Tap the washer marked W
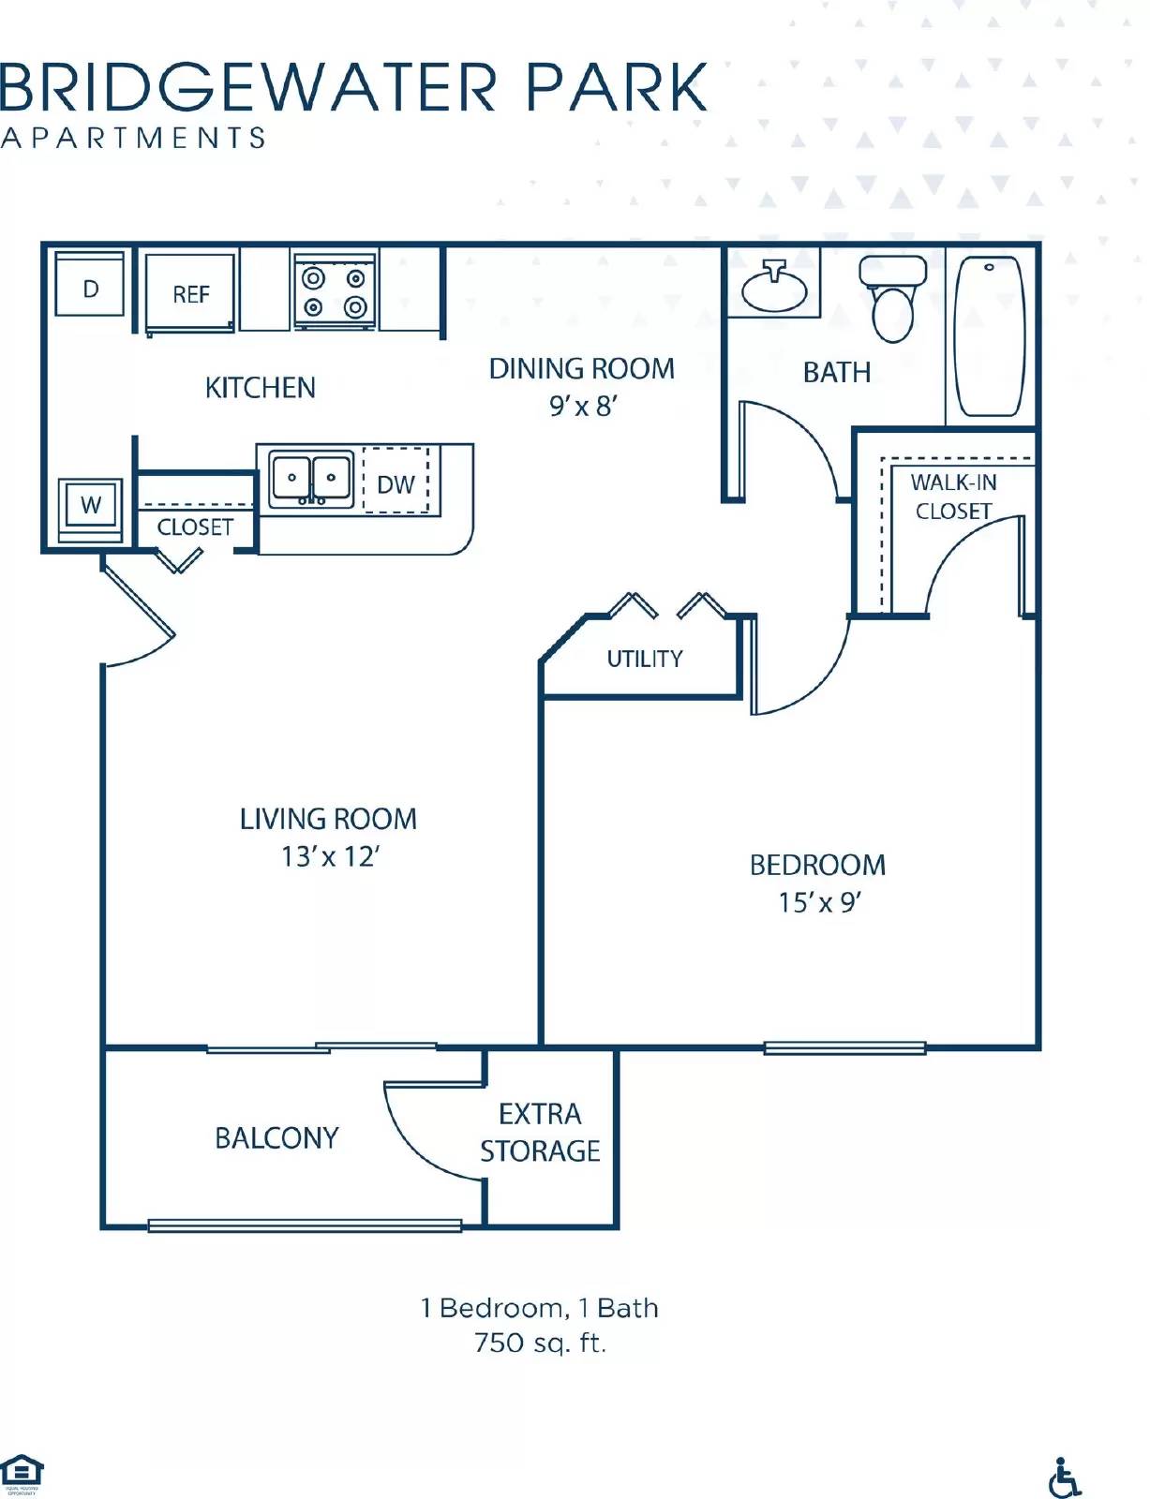click(x=90, y=506)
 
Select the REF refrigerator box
click(x=190, y=293)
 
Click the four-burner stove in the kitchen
click(x=335, y=290)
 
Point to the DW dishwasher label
click(x=396, y=484)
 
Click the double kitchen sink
click(x=311, y=480)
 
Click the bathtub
click(x=989, y=334)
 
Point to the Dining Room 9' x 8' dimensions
click(x=582, y=407)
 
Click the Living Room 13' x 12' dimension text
click(x=329, y=856)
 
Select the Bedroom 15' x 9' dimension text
click(x=818, y=901)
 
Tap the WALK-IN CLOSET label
click(x=953, y=497)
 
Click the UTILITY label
click(x=645, y=659)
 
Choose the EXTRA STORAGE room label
click(x=540, y=1132)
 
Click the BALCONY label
click(x=276, y=1137)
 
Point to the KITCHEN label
click(x=260, y=387)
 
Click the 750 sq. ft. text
click(x=540, y=1343)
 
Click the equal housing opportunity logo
click(x=22, y=1473)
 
